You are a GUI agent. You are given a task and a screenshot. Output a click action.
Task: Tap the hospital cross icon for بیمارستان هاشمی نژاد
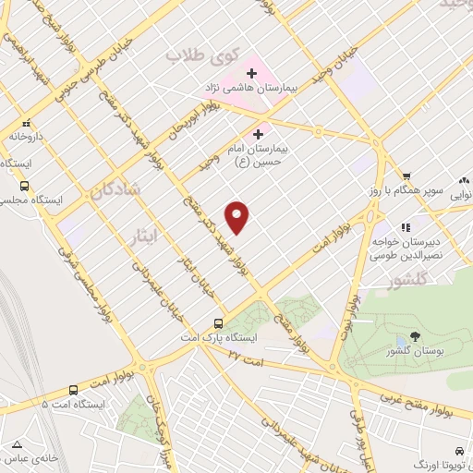coord(251,73)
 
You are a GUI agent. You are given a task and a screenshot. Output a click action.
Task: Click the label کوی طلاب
coord(196,56)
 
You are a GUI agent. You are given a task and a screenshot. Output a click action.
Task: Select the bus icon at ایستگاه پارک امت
coord(218,323)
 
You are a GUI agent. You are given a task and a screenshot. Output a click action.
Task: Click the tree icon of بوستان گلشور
coord(413,338)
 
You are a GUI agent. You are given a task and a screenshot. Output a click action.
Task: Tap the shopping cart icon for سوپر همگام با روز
coord(405,176)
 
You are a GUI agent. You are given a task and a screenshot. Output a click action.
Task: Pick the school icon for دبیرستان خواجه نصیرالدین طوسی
coord(404,227)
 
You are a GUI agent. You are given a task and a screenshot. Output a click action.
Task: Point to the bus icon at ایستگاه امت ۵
coord(75,390)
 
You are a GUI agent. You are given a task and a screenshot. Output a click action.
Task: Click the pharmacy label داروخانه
coord(27,136)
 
